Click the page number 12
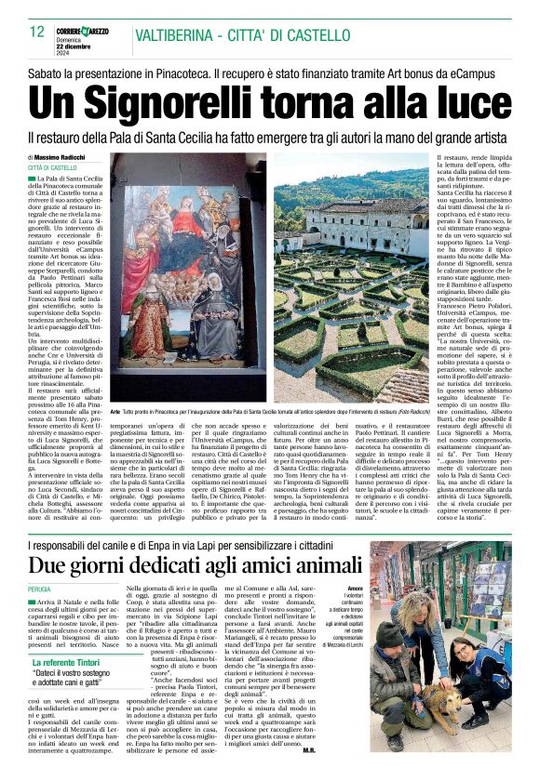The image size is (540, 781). click(x=37, y=32)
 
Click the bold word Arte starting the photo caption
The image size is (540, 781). click(x=115, y=410)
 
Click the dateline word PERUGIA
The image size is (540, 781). click(x=40, y=589)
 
